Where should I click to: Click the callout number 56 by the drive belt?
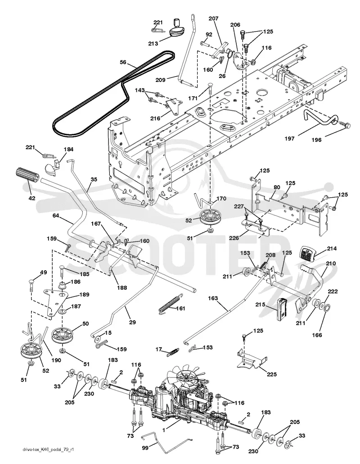click(x=123, y=62)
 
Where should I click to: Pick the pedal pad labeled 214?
click(x=308, y=254)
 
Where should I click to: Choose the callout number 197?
click(x=289, y=138)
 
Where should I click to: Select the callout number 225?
click(x=271, y=374)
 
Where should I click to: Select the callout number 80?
click(x=277, y=187)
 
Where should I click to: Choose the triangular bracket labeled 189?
click(x=56, y=302)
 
